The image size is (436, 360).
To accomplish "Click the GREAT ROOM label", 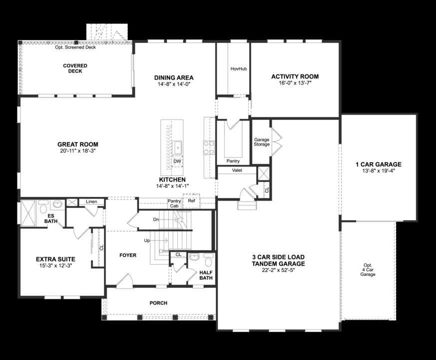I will (x=77, y=144).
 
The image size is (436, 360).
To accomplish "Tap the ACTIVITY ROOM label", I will (x=295, y=76).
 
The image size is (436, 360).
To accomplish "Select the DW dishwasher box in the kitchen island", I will (x=177, y=161).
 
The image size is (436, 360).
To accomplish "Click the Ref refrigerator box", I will (x=191, y=201).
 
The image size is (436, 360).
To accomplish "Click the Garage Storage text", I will (x=262, y=142).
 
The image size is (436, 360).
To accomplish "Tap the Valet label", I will (x=237, y=170).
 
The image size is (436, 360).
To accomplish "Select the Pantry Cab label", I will (x=174, y=203).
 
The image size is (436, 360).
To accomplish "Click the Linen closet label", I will (x=91, y=201).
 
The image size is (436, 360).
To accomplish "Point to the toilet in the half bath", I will (x=208, y=259).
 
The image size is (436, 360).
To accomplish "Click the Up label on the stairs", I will (x=147, y=240).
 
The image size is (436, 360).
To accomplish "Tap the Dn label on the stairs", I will (x=156, y=219).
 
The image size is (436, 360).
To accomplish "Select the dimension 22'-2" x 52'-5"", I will (x=278, y=270).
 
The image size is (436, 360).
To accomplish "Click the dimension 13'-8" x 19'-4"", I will (x=378, y=170).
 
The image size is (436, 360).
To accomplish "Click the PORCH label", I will (x=158, y=303).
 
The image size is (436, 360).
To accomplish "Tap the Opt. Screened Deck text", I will (x=75, y=47).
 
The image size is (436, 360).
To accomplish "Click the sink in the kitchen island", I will (x=177, y=147).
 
